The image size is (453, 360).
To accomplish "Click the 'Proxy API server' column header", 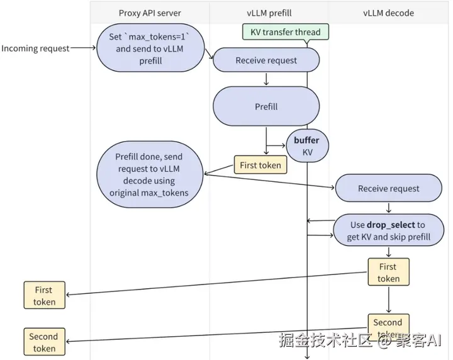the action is click(150, 13).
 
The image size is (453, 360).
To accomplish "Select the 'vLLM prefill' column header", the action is click(269, 13).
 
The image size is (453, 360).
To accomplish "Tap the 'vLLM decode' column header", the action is click(388, 13).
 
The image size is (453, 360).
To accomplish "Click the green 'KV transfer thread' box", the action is click(286, 31).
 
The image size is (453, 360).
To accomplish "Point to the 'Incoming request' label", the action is click(35, 48).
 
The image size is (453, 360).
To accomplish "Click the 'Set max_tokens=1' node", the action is click(150, 48).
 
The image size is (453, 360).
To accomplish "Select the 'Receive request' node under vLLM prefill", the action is click(266, 60).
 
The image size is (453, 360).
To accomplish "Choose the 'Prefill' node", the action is click(266, 106).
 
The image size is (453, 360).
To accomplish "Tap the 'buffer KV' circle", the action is click(307, 145).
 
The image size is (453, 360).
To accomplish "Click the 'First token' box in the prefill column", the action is click(260, 165).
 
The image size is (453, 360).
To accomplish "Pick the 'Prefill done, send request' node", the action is click(150, 174).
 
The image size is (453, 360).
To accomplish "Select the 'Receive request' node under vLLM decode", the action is click(389, 188).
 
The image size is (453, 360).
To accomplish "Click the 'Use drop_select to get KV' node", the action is click(389, 230).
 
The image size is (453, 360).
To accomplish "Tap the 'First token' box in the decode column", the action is click(389, 272).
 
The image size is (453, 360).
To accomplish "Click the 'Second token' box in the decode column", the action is click(389, 327).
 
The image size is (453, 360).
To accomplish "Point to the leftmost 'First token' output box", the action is click(45, 295).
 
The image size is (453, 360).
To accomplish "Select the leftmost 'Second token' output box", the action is click(45, 342).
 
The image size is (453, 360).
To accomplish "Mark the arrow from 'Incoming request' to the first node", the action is click(83, 48).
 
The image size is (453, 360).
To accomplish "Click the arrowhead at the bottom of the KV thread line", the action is click(307, 357).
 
